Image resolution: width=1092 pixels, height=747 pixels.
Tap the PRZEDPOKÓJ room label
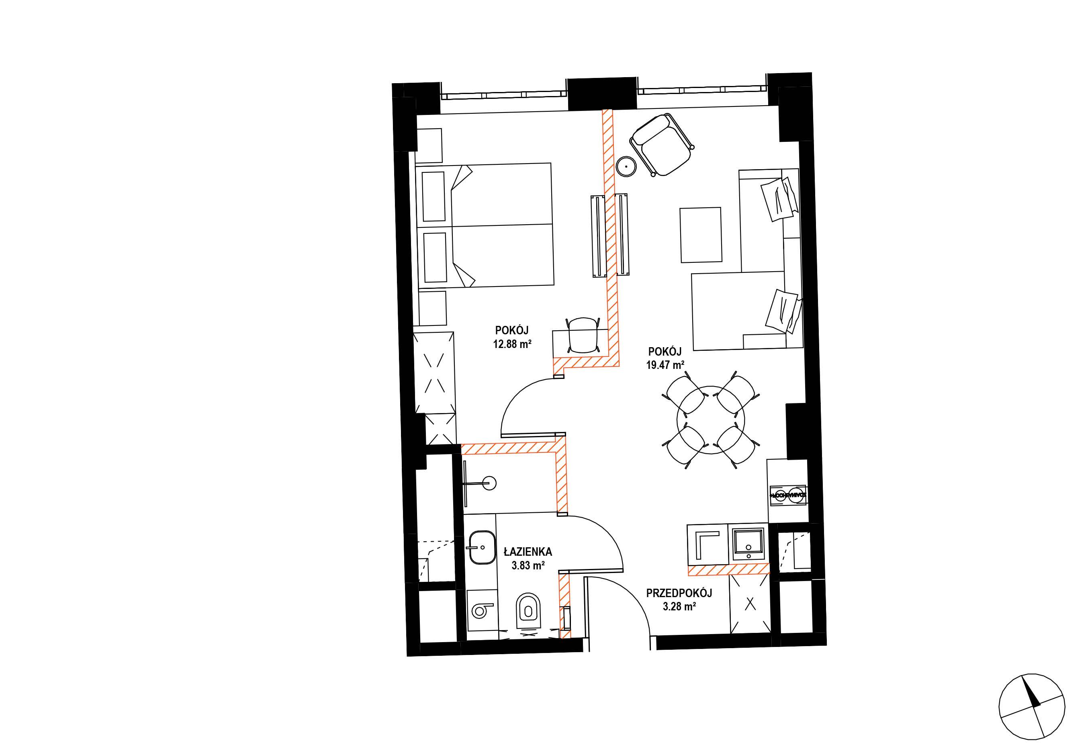679,593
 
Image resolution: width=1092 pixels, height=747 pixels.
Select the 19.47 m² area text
665,365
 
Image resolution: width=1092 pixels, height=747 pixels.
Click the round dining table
711,420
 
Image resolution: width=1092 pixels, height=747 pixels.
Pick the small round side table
626,166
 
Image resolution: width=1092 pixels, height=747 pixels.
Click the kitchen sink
748,544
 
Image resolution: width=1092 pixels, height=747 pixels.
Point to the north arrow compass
1031,706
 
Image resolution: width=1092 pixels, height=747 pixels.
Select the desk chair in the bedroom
583,334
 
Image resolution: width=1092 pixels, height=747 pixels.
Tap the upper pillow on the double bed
105,196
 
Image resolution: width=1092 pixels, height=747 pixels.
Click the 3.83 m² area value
528,565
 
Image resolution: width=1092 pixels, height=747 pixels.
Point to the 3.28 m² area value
679,606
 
